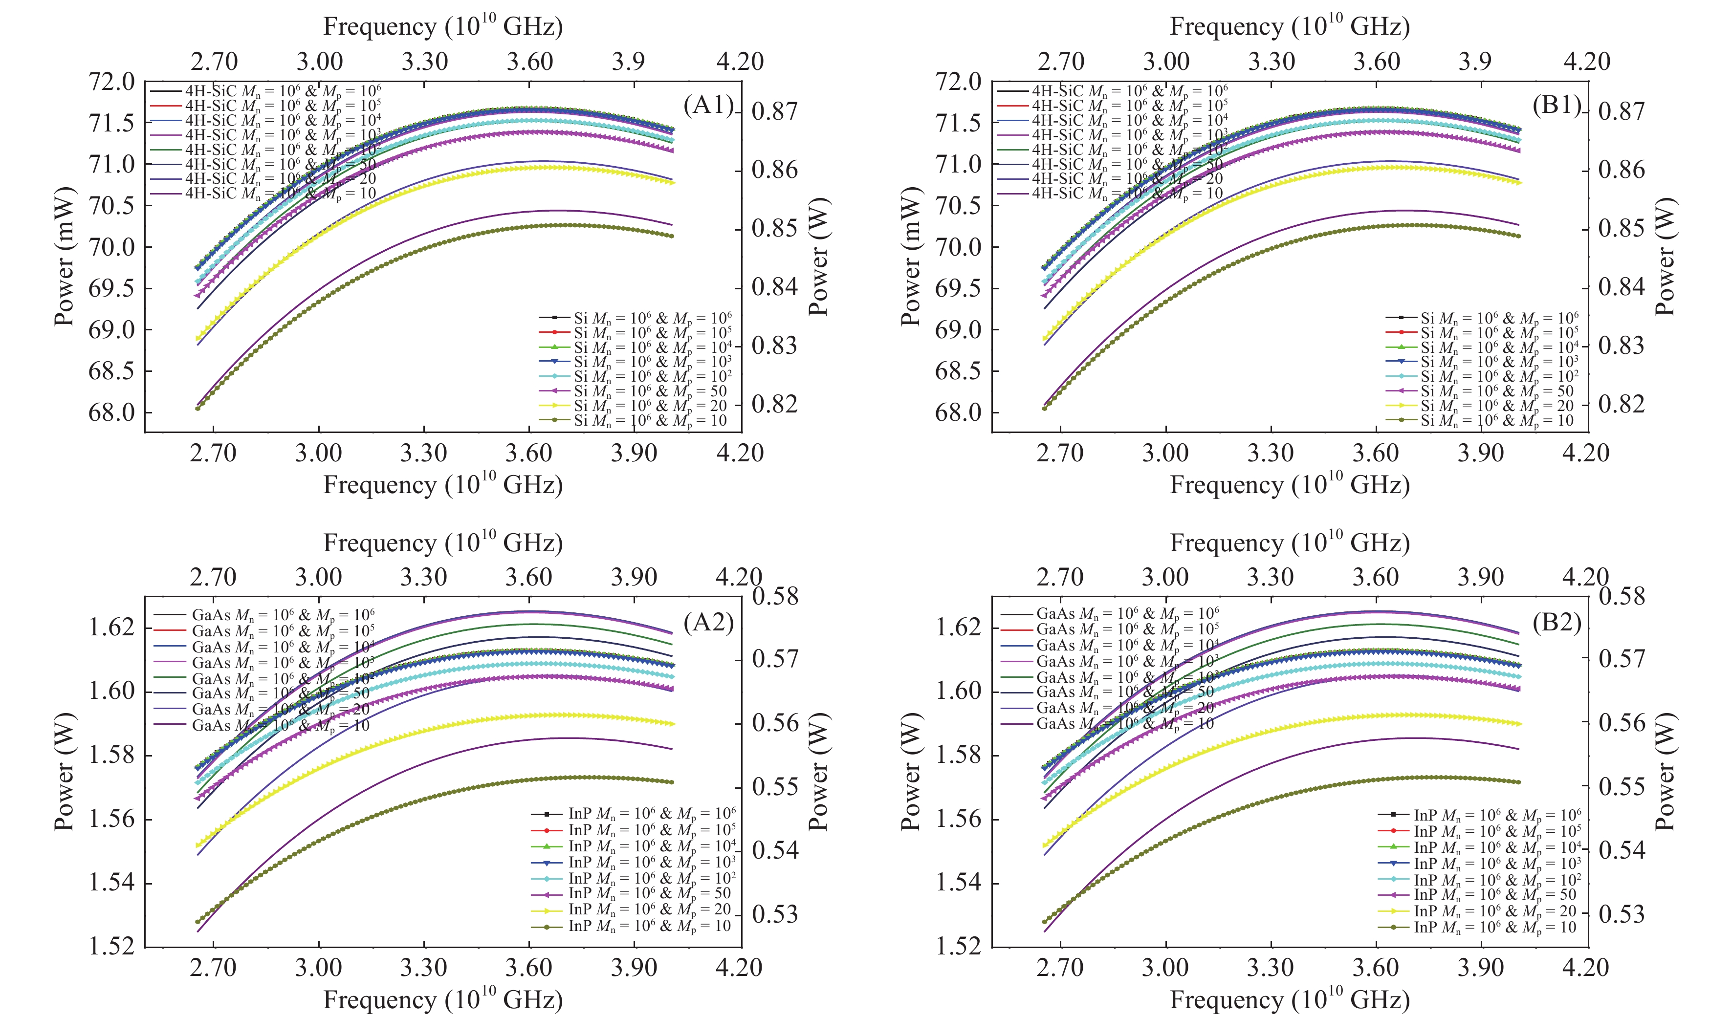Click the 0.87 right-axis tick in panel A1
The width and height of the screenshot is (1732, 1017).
[x=775, y=111]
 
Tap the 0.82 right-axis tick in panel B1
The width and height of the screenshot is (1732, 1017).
[x=1622, y=404]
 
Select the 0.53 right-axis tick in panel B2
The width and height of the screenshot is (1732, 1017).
[x=1622, y=914]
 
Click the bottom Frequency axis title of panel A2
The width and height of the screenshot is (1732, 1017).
[x=443, y=1000]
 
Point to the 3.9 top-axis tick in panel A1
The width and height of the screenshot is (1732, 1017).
[x=628, y=62]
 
